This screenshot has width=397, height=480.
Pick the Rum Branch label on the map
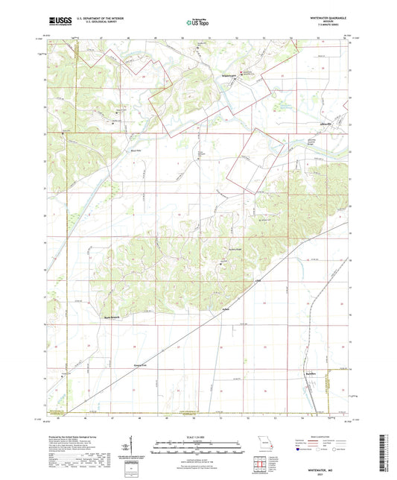[111, 316]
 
